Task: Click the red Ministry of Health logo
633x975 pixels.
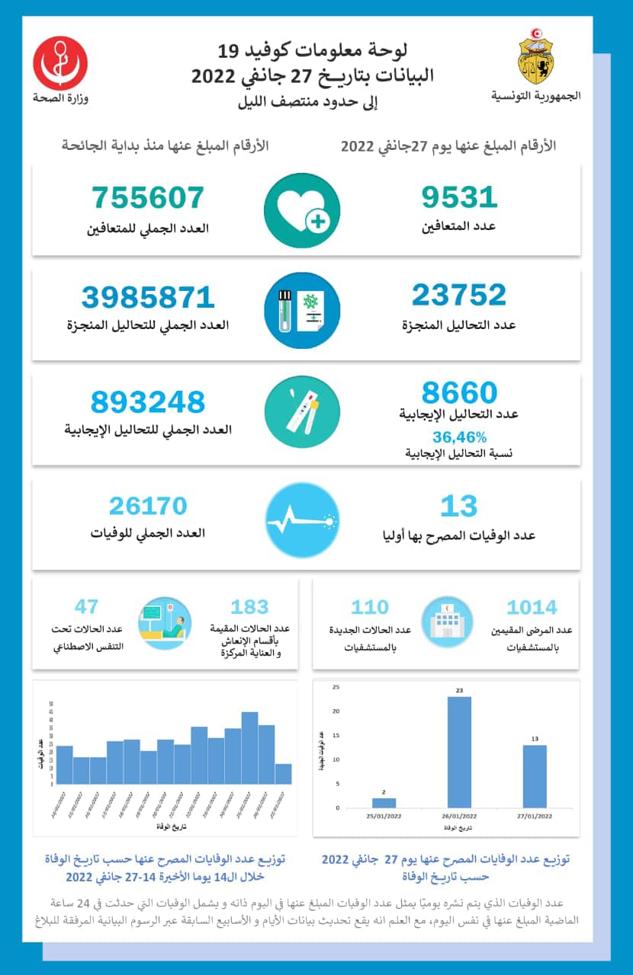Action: coord(60,63)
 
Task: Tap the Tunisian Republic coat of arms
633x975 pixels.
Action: coord(535,60)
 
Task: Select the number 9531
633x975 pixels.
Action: coord(459,197)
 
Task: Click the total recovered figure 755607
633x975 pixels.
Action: coord(149,197)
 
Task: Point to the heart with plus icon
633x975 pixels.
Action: coord(302,209)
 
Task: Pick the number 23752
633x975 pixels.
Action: coord(459,295)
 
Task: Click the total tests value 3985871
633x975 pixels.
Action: coord(148,297)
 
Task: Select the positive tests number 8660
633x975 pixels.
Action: coord(459,393)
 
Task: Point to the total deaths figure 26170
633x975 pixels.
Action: coord(148,506)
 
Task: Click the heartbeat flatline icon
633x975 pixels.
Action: coord(302,520)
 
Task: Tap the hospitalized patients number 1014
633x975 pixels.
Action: coord(532,607)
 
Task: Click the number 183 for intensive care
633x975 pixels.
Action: coord(249,607)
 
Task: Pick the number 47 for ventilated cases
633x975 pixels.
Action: coord(87,607)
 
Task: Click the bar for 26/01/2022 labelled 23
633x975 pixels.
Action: coord(459,752)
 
